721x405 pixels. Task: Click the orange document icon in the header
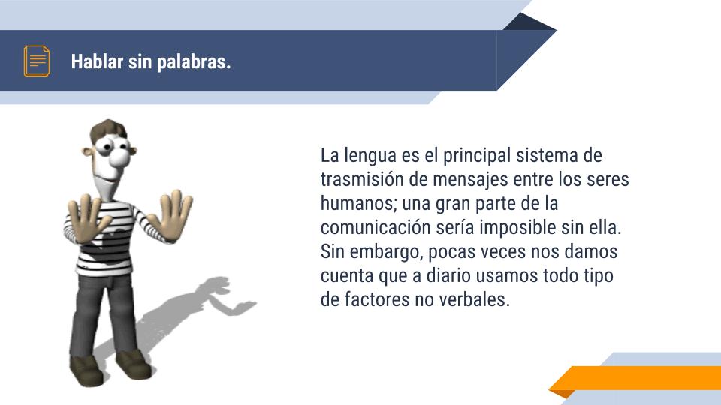tap(37, 61)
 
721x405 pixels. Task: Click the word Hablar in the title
tap(98, 61)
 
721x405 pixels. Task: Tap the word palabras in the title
tap(194, 62)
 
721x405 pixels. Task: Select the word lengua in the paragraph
tap(370, 156)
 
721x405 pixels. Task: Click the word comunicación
tap(376, 227)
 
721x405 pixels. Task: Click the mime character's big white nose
tap(120, 157)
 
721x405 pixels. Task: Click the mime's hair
tap(108, 130)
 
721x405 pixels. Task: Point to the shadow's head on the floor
tap(216, 285)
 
